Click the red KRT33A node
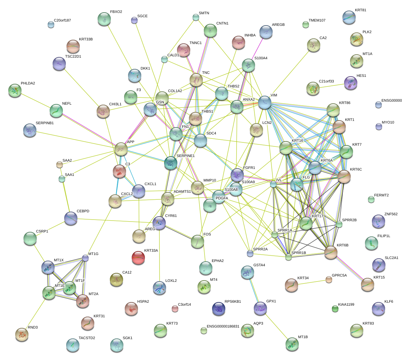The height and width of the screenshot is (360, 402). pos(138,258)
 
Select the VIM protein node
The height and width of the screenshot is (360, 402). pos(265,103)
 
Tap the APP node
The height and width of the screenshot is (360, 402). pos(121,149)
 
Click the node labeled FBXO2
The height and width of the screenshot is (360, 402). pos(105,19)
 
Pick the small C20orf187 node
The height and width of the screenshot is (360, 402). pos(51,25)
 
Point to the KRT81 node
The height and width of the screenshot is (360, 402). pos(349,18)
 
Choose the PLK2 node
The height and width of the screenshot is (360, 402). pos(356,39)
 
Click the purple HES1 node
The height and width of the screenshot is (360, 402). pos(351,83)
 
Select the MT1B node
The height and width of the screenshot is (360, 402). pos(292,344)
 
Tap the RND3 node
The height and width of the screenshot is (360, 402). pos(22,335)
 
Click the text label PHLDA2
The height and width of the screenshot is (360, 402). pos(28,83)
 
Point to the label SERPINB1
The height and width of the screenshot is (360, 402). pos(45,123)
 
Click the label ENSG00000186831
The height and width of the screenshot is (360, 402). pos(223,327)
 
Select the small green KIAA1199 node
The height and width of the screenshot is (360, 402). pos(335,309)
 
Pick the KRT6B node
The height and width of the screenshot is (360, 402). pos(331,252)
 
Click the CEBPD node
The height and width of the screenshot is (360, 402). pos(71,218)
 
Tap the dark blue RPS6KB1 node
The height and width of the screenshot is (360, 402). pos(218,309)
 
